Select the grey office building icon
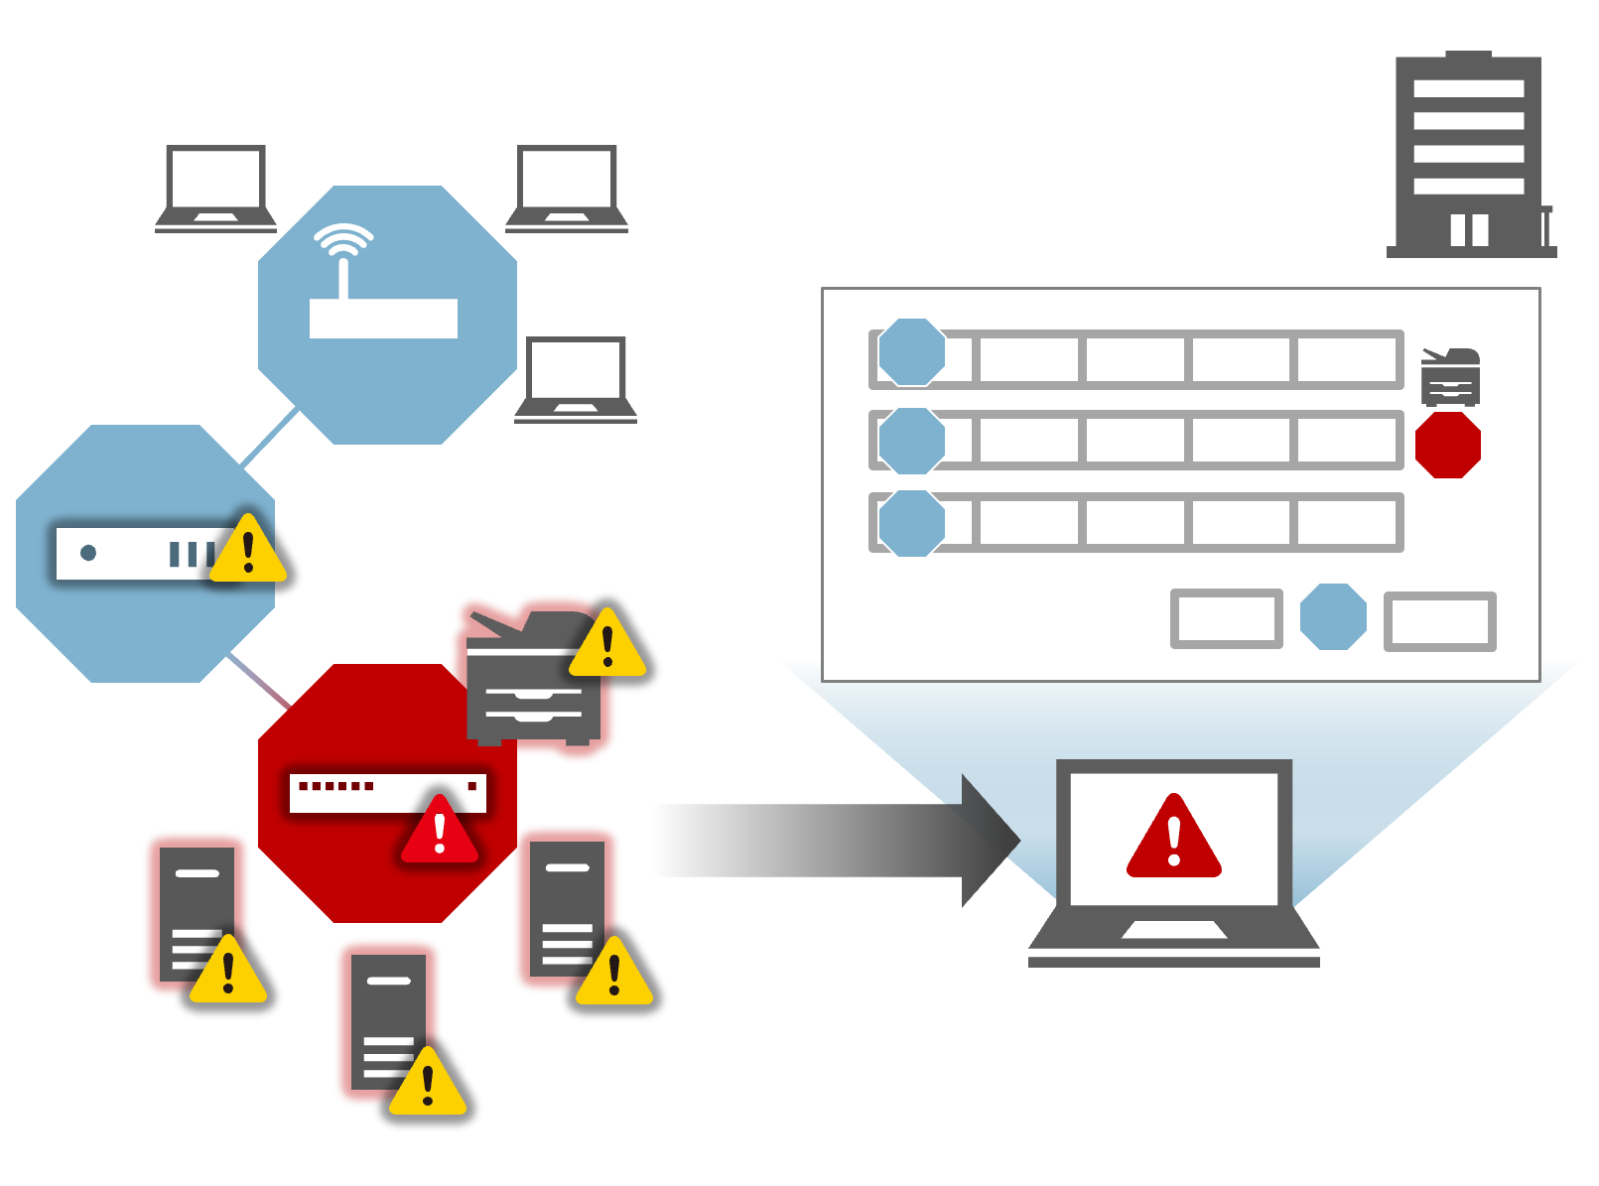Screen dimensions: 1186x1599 click(x=1469, y=156)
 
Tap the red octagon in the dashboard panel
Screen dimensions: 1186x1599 click(x=1448, y=446)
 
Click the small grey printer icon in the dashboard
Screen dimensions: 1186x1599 click(x=1450, y=377)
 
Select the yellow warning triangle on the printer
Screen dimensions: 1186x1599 click(x=607, y=645)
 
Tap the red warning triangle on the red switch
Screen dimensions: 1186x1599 click(x=440, y=830)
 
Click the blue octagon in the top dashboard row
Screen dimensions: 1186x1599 click(x=911, y=352)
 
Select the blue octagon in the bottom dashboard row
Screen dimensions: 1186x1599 click(x=911, y=523)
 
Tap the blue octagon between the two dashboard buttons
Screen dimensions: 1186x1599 click(x=1333, y=617)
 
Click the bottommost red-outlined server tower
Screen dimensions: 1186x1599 click(x=388, y=1020)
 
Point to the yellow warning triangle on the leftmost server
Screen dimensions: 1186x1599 click(x=228, y=972)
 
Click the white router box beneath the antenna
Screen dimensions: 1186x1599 click(x=383, y=319)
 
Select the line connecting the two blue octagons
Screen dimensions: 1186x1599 click(x=269, y=437)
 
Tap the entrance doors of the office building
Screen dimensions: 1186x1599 click(x=1469, y=229)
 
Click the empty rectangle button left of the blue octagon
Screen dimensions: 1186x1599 click(x=1227, y=618)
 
